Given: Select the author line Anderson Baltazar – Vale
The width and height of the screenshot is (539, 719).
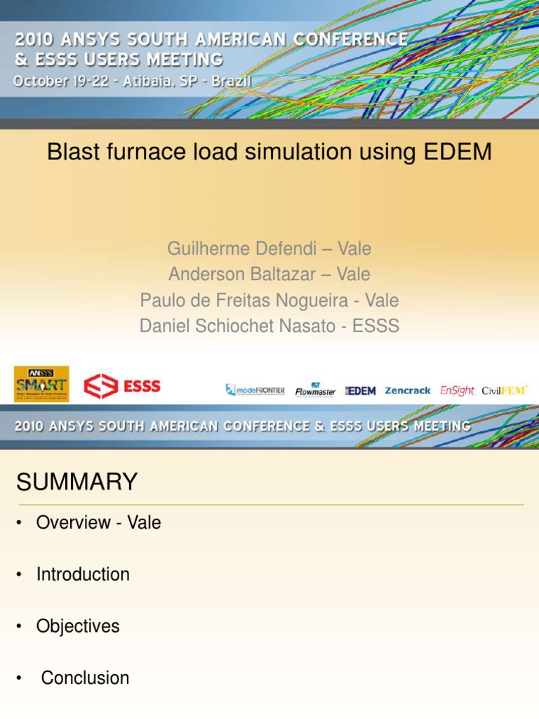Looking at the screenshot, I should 269,275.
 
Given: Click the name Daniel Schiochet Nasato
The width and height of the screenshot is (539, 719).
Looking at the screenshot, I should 237,326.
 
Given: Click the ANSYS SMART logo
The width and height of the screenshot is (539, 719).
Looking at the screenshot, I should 41,384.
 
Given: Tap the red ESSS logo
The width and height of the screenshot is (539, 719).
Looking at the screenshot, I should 122,385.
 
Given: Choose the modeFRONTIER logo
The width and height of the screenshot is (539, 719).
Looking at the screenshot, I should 255,390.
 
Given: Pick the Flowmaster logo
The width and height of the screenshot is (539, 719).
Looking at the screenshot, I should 315,390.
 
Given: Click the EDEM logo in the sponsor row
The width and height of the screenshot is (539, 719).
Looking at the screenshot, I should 361,390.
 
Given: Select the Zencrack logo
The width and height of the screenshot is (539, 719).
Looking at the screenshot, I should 408,390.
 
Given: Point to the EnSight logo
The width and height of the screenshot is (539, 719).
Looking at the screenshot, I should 457,390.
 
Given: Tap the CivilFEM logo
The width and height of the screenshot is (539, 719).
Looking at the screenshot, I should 505,390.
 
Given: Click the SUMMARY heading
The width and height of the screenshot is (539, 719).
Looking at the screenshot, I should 77,482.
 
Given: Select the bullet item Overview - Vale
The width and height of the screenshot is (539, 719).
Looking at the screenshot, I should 98,522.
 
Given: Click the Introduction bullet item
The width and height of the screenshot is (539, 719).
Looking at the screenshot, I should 83,574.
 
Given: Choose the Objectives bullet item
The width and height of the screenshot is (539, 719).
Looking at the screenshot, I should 78,626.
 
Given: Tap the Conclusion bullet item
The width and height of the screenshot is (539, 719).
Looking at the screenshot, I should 85,678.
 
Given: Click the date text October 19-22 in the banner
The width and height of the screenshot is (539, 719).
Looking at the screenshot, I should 60,81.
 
